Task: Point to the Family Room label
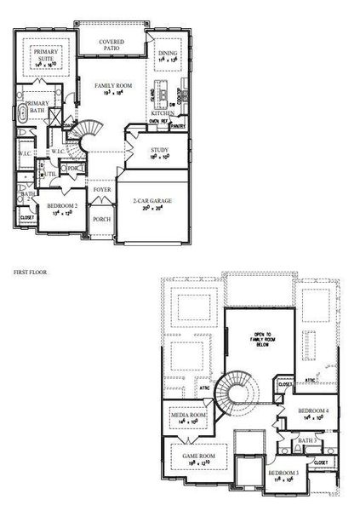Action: click(x=113, y=87)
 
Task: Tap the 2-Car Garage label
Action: click(x=153, y=202)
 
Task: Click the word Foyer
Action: click(x=102, y=190)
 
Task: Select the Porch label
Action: click(x=102, y=219)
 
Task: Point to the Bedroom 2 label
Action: click(x=62, y=207)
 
